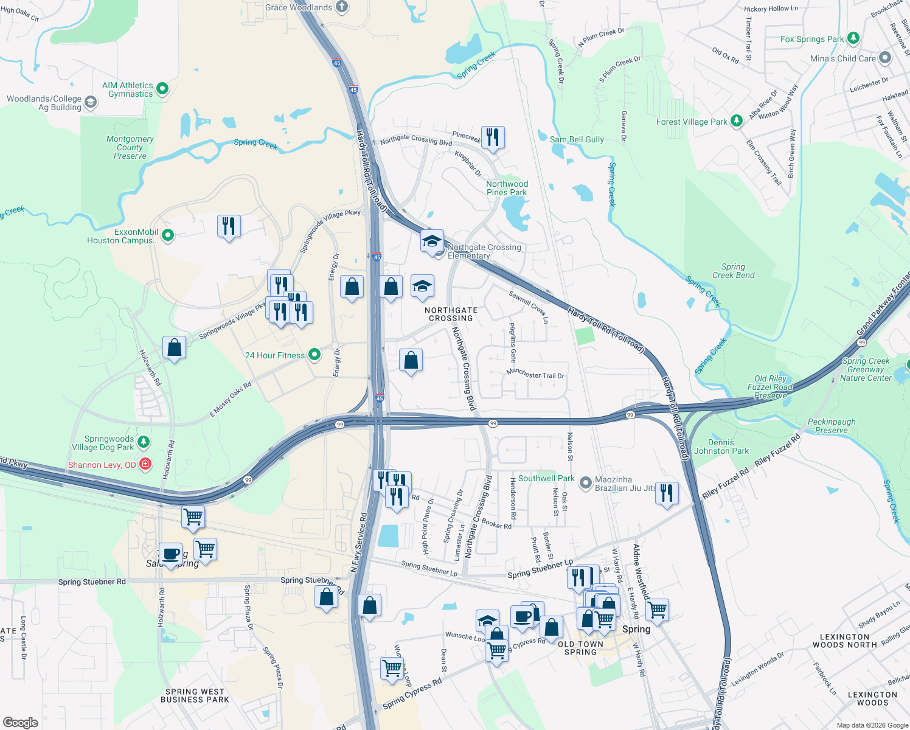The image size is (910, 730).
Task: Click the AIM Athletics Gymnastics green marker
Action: [x=162, y=89]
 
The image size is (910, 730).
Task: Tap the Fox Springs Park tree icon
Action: [x=853, y=38]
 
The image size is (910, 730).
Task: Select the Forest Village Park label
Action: [x=692, y=122]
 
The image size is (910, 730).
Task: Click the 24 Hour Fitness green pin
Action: [x=314, y=355]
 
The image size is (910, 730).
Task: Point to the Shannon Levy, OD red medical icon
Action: [x=145, y=464]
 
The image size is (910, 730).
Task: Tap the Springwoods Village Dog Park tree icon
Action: [x=144, y=441]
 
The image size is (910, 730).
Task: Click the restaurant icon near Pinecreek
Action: [x=493, y=137]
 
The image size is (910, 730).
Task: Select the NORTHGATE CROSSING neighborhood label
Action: [x=451, y=314]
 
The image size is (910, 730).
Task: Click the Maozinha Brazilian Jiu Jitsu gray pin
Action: [x=585, y=483]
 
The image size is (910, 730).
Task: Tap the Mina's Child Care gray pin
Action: [x=884, y=58]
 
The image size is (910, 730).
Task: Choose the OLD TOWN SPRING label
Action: [x=580, y=648]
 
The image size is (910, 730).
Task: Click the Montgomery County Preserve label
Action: [x=130, y=147]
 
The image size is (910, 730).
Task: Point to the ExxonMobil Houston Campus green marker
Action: [x=168, y=235]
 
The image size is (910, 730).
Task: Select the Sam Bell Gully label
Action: [x=577, y=139]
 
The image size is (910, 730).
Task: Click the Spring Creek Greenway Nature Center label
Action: [x=866, y=369]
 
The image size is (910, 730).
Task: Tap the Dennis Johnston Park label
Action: [x=721, y=447]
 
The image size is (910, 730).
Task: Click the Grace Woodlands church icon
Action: [x=342, y=7]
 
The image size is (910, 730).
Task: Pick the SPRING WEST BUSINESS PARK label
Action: [x=195, y=695]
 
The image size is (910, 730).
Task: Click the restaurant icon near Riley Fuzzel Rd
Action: [x=667, y=493]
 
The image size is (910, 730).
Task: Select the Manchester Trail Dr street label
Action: [x=535, y=374]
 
